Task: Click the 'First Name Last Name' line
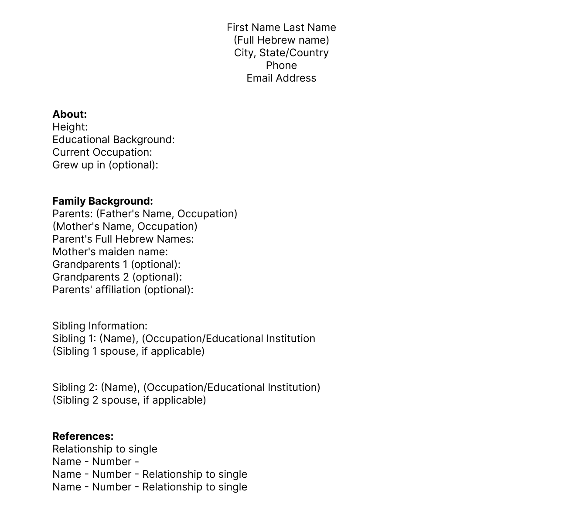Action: click(x=281, y=27)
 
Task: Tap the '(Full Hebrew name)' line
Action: click(x=281, y=40)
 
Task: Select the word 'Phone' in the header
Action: click(x=281, y=65)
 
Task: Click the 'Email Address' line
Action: click(x=281, y=78)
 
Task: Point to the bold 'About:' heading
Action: click(x=70, y=114)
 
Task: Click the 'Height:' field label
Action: click(x=70, y=127)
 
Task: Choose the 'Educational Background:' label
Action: click(x=113, y=140)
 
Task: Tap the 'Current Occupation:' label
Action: click(x=102, y=152)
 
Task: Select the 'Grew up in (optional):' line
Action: click(x=105, y=165)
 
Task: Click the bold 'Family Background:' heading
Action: click(x=102, y=201)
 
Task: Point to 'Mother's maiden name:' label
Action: click(x=110, y=252)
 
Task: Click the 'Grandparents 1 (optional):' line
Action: click(x=116, y=264)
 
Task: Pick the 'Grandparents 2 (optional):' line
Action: click(x=117, y=277)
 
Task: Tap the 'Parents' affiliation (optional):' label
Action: click(x=123, y=290)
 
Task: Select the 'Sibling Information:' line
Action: click(x=100, y=326)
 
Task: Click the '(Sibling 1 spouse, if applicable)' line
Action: click(x=128, y=351)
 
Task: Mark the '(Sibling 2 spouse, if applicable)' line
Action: click(x=129, y=400)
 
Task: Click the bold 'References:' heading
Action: click(x=83, y=436)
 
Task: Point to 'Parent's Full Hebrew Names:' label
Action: click(x=123, y=239)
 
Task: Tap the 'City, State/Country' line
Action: click(x=281, y=53)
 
